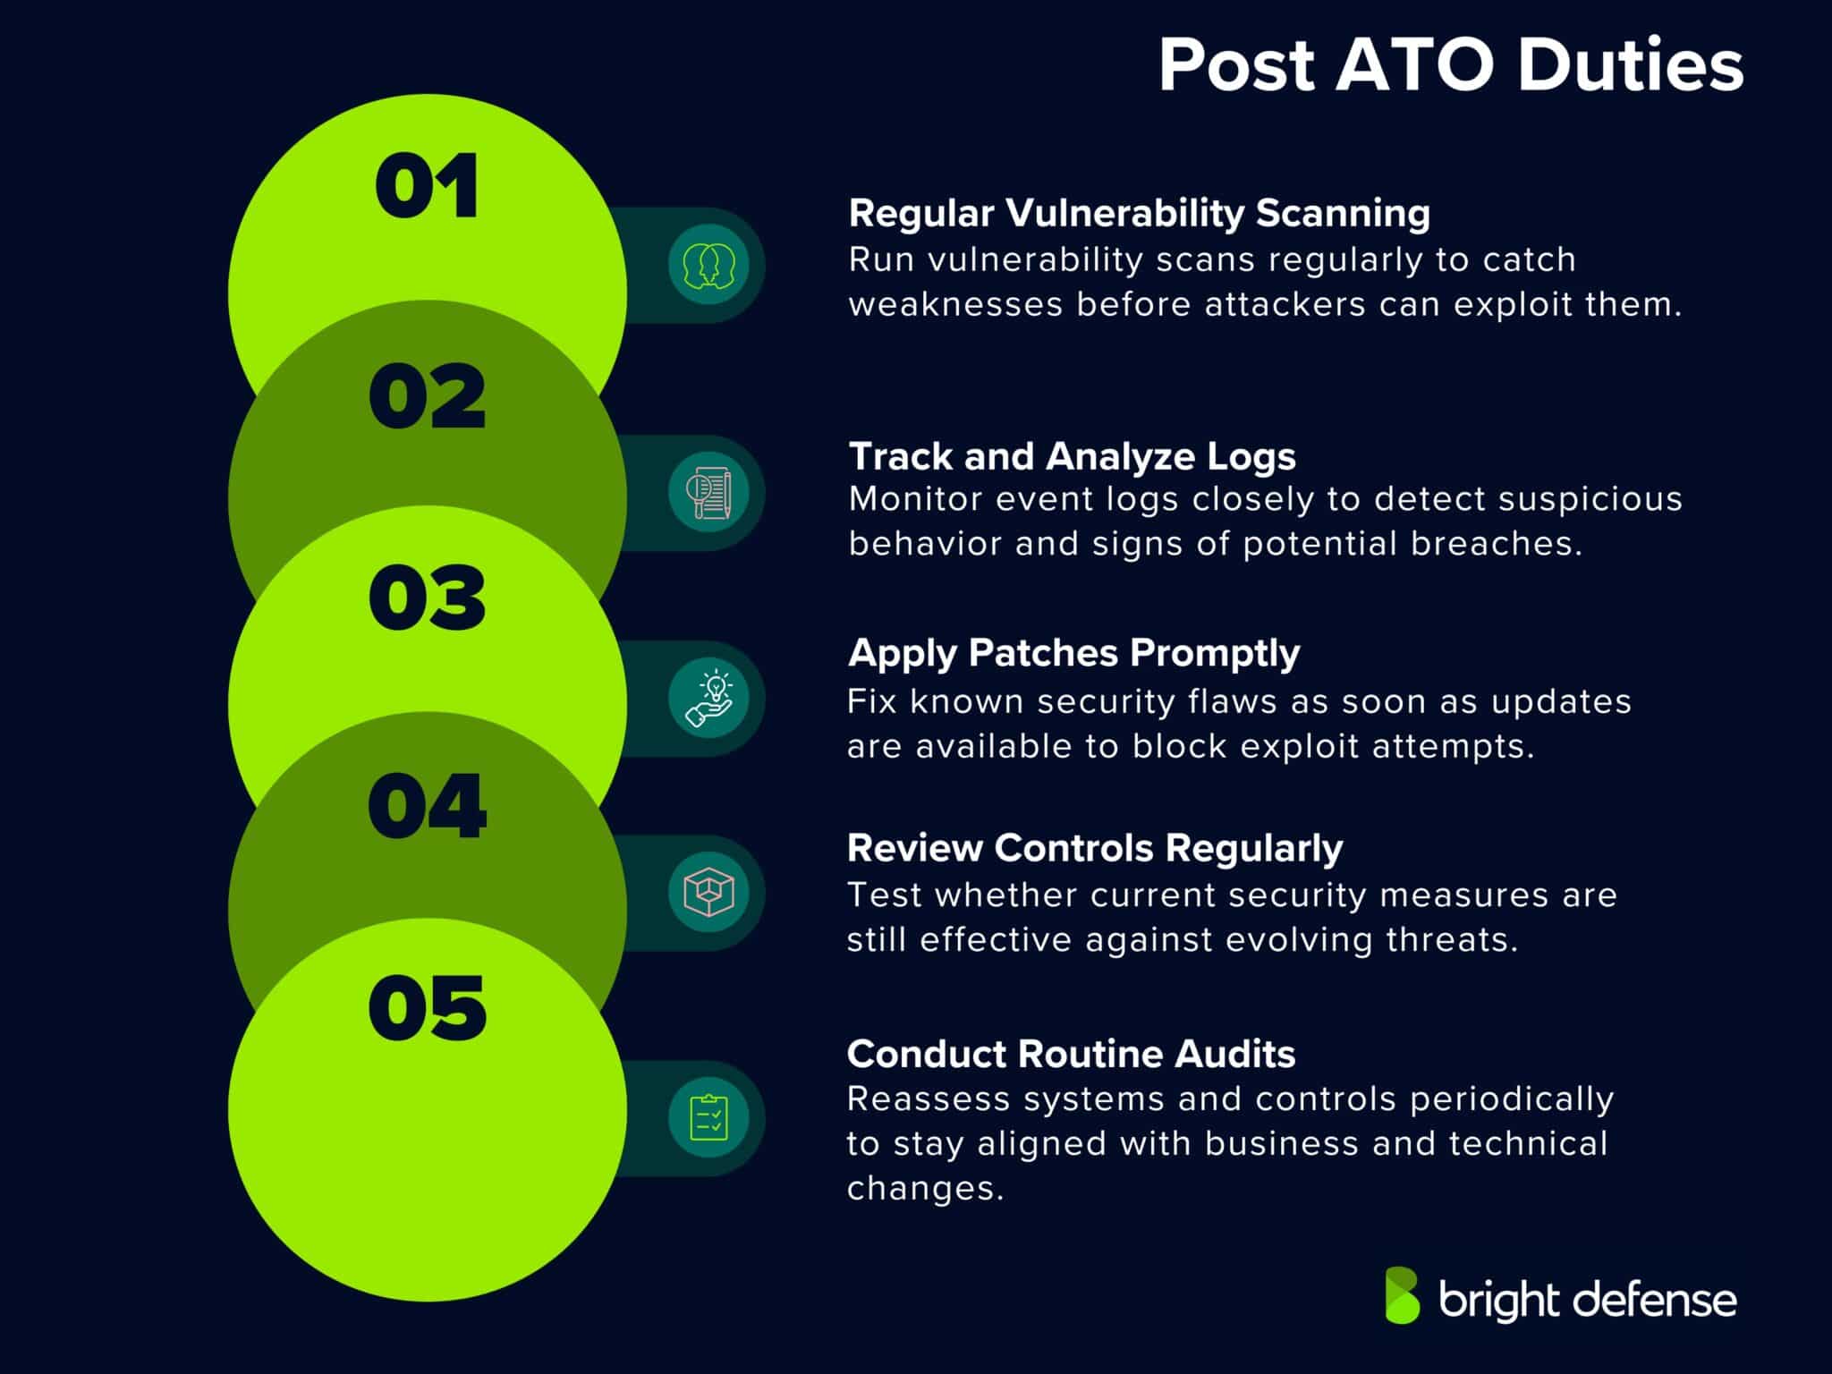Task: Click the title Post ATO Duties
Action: pyautogui.click(x=1450, y=65)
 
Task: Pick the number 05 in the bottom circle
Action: pyautogui.click(x=427, y=1008)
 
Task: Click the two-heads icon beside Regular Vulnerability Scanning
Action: pyautogui.click(x=708, y=265)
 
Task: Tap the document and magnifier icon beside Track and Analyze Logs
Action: pyautogui.click(x=708, y=493)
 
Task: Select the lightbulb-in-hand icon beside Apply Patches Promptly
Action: pyautogui.click(x=708, y=699)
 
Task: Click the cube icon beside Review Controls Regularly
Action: pyautogui.click(x=708, y=892)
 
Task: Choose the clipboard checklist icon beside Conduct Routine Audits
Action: pyautogui.click(x=708, y=1118)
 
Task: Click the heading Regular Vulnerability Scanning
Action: pyautogui.click(x=1139, y=213)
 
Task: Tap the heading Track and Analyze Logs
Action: pyautogui.click(x=1072, y=456)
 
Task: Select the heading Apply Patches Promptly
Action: pyautogui.click(x=1073, y=653)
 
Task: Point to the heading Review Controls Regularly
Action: pyautogui.click(x=1095, y=848)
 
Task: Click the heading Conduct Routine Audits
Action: pyautogui.click(x=1071, y=1054)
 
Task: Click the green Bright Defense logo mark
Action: pyautogui.click(x=1402, y=1294)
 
